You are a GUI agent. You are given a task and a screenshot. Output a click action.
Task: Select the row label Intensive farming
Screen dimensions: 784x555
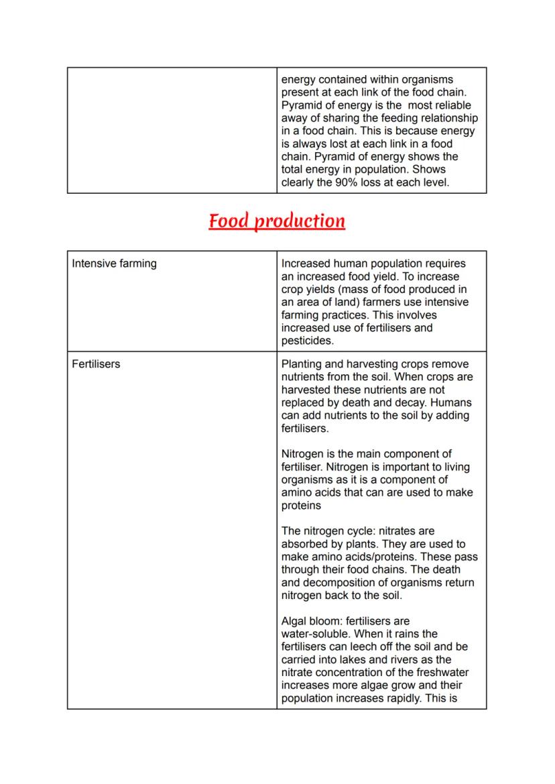coord(114,264)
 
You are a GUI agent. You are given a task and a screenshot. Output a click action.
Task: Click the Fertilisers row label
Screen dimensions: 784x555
coord(96,364)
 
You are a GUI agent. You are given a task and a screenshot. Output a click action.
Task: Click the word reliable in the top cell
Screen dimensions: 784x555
coord(452,105)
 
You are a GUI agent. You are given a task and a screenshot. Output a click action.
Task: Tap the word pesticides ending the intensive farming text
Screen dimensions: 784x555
coord(307,341)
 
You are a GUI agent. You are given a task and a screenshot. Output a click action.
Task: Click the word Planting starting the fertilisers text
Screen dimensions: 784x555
coord(302,364)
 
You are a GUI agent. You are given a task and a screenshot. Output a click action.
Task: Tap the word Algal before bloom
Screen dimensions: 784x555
coord(296,621)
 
